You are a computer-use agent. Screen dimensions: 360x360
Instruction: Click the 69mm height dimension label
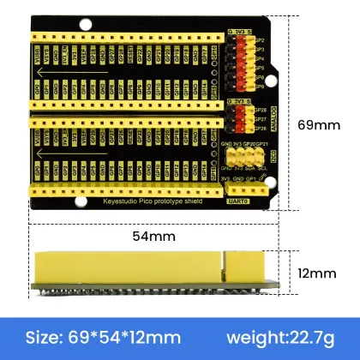point(321,123)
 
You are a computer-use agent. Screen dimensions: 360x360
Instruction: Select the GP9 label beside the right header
point(258,87)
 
